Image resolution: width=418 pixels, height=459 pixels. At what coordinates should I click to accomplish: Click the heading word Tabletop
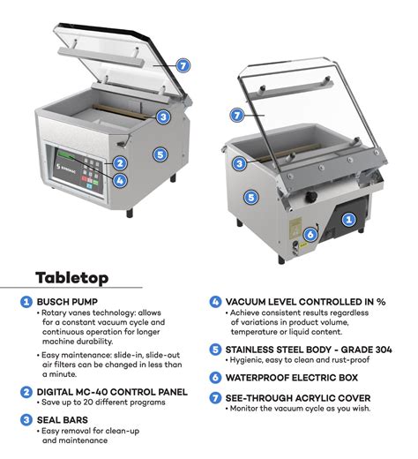click(x=72, y=278)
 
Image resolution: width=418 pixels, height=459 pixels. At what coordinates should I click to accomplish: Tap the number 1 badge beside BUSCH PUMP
click(x=27, y=302)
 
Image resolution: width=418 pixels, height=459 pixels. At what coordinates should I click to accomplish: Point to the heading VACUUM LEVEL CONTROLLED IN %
click(x=305, y=301)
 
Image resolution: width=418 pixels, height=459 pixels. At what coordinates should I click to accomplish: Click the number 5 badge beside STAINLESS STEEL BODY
click(x=215, y=349)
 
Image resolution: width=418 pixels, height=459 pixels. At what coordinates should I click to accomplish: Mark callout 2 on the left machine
click(x=119, y=162)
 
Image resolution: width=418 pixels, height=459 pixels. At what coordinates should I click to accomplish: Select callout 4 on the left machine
click(x=119, y=180)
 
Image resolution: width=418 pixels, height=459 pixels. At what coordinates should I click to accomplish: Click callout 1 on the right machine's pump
click(x=348, y=218)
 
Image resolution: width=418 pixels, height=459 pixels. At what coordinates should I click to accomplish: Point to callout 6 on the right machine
click(x=310, y=235)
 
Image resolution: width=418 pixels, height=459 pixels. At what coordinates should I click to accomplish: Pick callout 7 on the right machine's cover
click(x=236, y=115)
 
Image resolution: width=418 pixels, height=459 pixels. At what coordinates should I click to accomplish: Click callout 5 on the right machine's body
click(x=250, y=198)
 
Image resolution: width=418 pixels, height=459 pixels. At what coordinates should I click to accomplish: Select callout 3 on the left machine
click(x=163, y=117)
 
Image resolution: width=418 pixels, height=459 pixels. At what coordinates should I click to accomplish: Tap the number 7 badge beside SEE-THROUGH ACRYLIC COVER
click(x=215, y=397)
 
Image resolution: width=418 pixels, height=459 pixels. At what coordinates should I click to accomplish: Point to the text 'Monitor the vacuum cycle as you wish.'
click(x=298, y=409)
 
